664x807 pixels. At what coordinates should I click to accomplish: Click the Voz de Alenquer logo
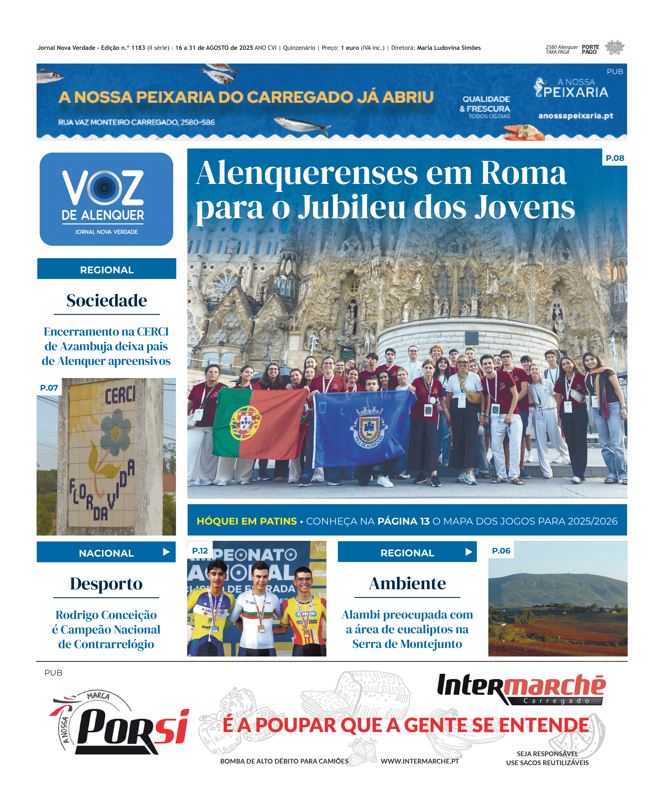[106, 199]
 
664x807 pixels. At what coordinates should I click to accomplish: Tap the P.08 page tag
[615, 158]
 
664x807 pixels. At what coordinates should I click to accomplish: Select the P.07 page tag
[49, 387]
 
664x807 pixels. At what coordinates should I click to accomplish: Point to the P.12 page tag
[200, 551]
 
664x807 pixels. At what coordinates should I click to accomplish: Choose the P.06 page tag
[501, 551]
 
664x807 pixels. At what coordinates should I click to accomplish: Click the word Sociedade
[106, 300]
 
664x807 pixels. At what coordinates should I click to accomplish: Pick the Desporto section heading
[106, 584]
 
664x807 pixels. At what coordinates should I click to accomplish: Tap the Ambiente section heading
[407, 583]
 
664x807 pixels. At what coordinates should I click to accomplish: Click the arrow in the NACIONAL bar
[166, 552]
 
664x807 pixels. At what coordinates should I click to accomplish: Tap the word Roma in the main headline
[523, 173]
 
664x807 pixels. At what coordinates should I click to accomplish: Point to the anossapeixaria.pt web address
[575, 115]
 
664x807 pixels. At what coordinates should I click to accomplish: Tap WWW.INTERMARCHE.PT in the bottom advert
[420, 761]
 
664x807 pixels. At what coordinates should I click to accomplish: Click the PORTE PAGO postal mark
[590, 49]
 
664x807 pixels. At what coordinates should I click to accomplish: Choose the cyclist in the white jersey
[259, 608]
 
